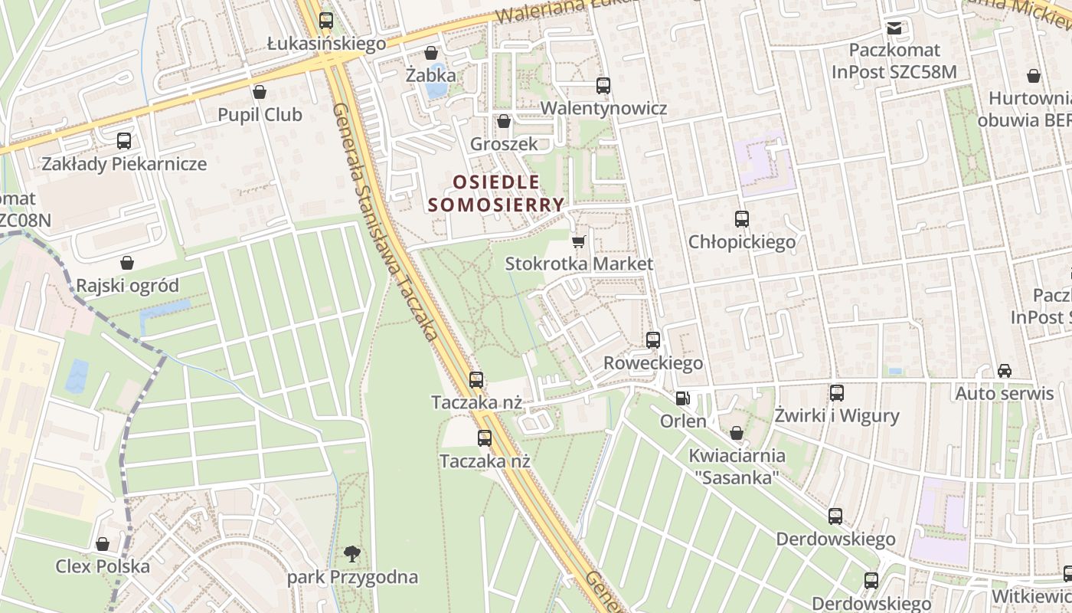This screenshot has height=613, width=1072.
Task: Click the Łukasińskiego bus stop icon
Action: (x=326, y=21)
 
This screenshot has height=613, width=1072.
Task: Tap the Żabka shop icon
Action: (x=431, y=53)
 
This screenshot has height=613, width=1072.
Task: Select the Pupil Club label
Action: (x=260, y=115)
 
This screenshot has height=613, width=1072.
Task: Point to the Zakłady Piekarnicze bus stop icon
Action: (x=124, y=141)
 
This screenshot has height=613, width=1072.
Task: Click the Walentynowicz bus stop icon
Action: (x=603, y=86)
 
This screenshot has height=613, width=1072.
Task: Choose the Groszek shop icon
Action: (x=504, y=121)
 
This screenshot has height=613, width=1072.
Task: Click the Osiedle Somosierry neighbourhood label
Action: (x=496, y=193)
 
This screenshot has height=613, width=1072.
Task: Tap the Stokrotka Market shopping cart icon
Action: (x=579, y=241)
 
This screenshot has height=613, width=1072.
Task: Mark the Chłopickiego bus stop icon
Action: (x=741, y=219)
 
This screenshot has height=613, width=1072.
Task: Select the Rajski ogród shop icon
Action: (x=127, y=263)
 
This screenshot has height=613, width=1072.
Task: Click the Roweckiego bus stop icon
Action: (x=653, y=340)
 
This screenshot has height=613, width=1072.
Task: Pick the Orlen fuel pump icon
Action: (x=682, y=398)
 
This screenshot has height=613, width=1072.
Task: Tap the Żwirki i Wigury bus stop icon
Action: (x=837, y=393)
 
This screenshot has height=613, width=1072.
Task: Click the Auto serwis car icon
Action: (x=1004, y=371)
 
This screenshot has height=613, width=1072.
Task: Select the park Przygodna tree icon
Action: (x=352, y=553)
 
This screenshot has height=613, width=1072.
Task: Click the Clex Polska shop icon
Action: (x=103, y=544)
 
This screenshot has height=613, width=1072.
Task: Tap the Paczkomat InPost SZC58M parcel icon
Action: (x=894, y=28)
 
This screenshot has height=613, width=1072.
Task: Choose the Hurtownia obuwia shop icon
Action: (x=1034, y=76)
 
